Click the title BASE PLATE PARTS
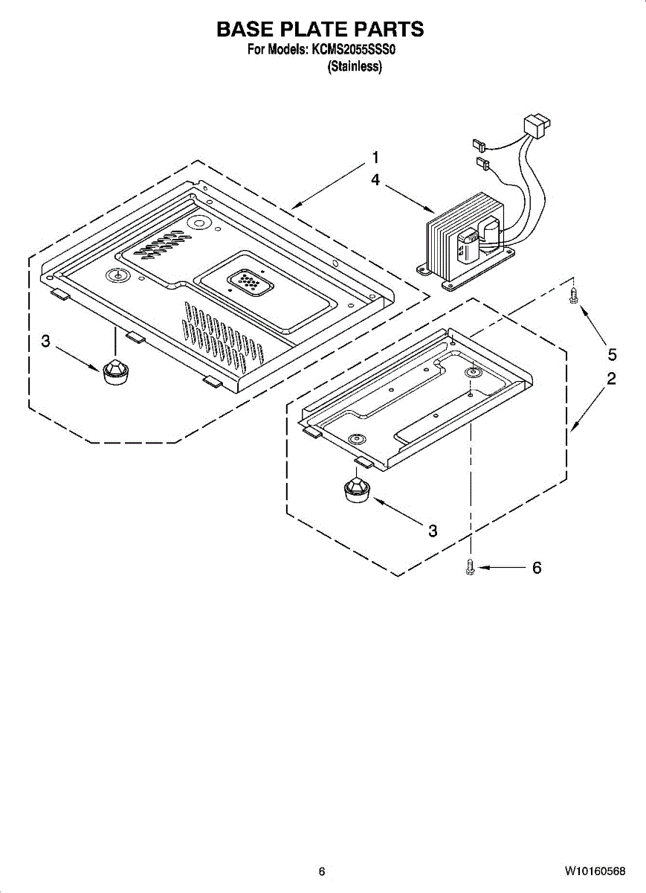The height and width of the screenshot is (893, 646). click(320, 29)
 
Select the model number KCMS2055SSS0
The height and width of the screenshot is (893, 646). click(355, 51)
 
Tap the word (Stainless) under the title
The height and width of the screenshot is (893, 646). click(355, 67)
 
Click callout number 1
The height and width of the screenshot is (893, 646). click(375, 158)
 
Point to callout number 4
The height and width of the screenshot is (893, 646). click(375, 179)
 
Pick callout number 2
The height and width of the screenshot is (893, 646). click(611, 379)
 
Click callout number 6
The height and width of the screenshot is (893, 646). click(536, 568)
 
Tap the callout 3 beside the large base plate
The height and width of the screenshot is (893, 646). click(46, 342)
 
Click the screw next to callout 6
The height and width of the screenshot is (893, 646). click(471, 567)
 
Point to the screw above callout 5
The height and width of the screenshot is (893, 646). click(573, 296)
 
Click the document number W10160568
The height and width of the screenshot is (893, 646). click(594, 871)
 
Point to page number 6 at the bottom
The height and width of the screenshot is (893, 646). click(322, 871)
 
